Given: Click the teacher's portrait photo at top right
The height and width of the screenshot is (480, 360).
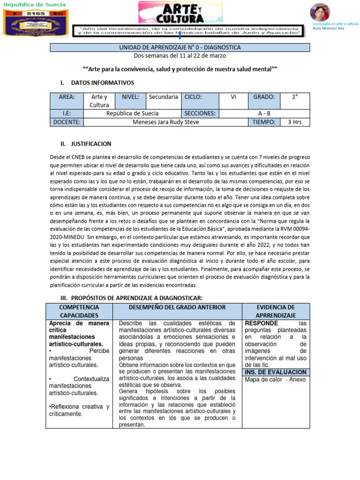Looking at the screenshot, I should tap(320, 12).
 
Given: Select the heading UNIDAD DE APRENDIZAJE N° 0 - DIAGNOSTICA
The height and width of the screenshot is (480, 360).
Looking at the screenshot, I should tap(180, 47).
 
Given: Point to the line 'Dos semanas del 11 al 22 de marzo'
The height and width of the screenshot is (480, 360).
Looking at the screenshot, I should tap(180, 56).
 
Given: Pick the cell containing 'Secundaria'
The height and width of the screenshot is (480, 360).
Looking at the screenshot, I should tap(163, 97).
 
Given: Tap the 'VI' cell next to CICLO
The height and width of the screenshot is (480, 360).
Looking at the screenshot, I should tap(233, 97).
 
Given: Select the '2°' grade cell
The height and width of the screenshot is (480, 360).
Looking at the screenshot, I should tap(295, 97).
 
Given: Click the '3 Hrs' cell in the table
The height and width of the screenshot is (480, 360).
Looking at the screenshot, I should tap(295, 122).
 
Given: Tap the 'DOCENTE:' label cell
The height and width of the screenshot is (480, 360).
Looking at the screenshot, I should tap(66, 122).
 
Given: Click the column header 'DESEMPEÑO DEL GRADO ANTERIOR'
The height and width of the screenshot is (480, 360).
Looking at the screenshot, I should tap(177, 307).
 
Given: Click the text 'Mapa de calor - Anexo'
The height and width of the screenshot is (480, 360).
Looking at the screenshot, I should tap(275, 379).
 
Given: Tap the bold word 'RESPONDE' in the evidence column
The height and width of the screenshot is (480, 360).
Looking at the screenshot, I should tap(262, 323).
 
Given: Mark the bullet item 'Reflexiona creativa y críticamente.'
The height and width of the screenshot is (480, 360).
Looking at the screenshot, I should tap(79, 410).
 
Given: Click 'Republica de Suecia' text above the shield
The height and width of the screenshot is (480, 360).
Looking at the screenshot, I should tap(35, 5).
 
